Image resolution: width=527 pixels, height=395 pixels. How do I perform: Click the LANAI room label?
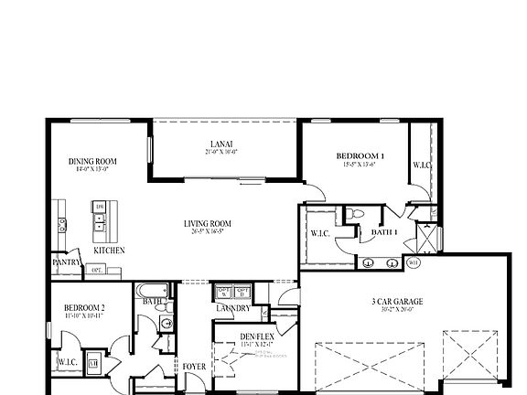point(220,144)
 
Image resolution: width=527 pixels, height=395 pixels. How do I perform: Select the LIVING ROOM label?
point(207,223)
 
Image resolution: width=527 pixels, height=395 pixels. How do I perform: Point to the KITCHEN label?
point(109,250)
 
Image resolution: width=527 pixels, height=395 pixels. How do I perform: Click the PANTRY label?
point(66,262)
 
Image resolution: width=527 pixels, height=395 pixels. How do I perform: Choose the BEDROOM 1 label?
point(360,155)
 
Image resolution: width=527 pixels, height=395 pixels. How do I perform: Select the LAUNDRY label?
point(233,308)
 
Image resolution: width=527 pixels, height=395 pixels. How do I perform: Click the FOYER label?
point(193,367)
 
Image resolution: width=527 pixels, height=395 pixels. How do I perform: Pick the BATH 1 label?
point(384,233)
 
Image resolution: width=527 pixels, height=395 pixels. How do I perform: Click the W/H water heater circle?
point(413,263)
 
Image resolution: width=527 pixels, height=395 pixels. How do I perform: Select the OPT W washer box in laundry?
point(222,293)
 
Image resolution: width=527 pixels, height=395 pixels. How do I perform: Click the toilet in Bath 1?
point(360,214)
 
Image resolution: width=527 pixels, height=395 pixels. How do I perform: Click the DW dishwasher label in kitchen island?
point(100,208)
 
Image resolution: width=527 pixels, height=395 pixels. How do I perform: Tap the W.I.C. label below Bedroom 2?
point(67,362)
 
